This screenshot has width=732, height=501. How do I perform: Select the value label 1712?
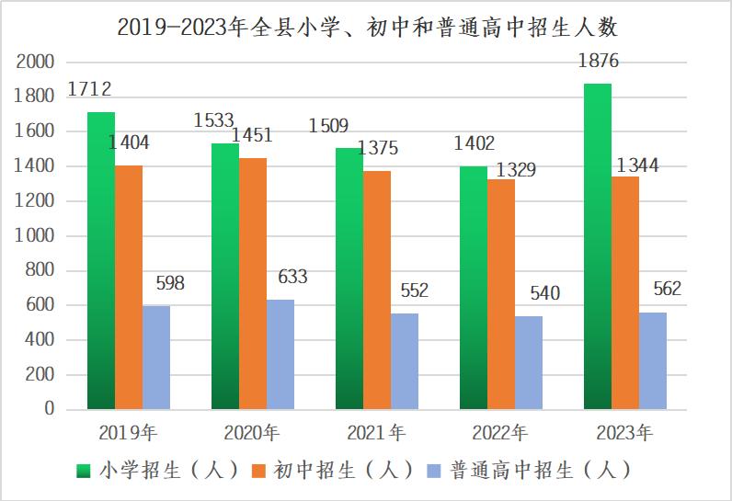[89, 90]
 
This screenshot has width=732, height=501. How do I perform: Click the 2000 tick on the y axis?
[36, 63]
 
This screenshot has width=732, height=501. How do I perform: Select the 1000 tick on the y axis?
[36, 236]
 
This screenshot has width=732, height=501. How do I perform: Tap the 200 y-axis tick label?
[40, 375]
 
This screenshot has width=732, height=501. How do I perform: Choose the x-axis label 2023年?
[624, 432]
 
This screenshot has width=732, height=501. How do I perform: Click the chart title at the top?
[366, 27]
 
